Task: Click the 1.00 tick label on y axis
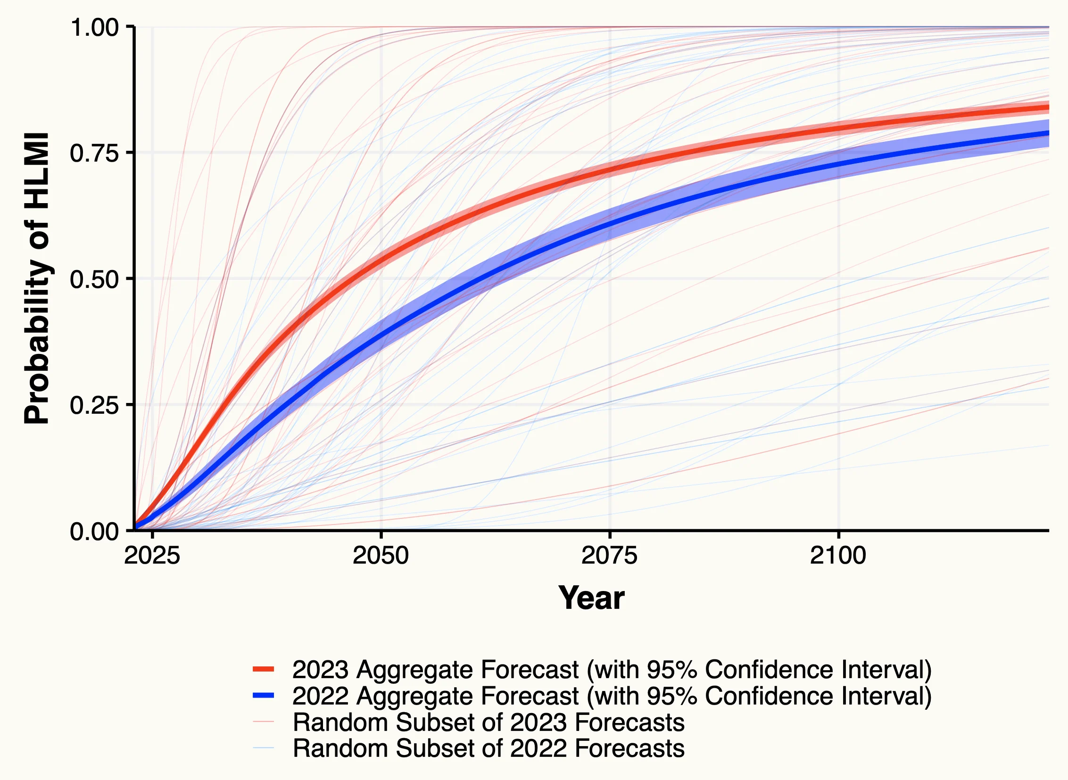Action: pyautogui.click(x=94, y=27)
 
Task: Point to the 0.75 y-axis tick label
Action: pyautogui.click(x=94, y=153)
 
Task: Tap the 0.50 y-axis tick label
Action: pyautogui.click(x=94, y=279)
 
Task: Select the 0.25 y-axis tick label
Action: pyautogui.click(x=94, y=405)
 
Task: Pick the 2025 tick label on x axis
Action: pyautogui.click(x=152, y=555)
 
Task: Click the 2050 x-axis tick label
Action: pyautogui.click(x=380, y=555)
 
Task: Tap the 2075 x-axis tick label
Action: pyautogui.click(x=609, y=555)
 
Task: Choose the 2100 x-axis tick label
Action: pyautogui.click(x=837, y=555)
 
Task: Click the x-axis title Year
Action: pyautogui.click(x=591, y=598)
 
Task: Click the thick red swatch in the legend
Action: pyautogui.click(x=263, y=669)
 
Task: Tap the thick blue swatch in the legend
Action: pyautogui.click(x=263, y=695)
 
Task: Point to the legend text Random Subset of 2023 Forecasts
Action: pyautogui.click(x=488, y=722)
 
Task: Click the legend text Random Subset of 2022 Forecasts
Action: pyautogui.click(x=488, y=748)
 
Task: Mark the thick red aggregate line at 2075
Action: pyautogui.click(x=609, y=168)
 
